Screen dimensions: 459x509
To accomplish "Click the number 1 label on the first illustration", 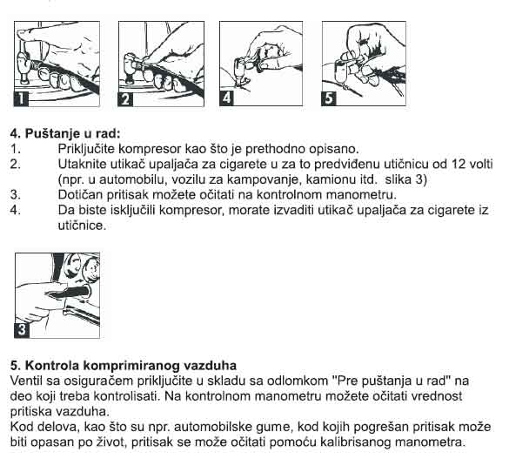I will click(23, 97).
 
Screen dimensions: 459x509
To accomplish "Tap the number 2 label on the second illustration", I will click(126, 97).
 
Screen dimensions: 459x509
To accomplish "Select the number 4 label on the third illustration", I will click(228, 97).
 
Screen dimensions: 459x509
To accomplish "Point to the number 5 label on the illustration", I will click(330, 97).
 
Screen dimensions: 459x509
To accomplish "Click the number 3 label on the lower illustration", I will click(22, 330).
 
